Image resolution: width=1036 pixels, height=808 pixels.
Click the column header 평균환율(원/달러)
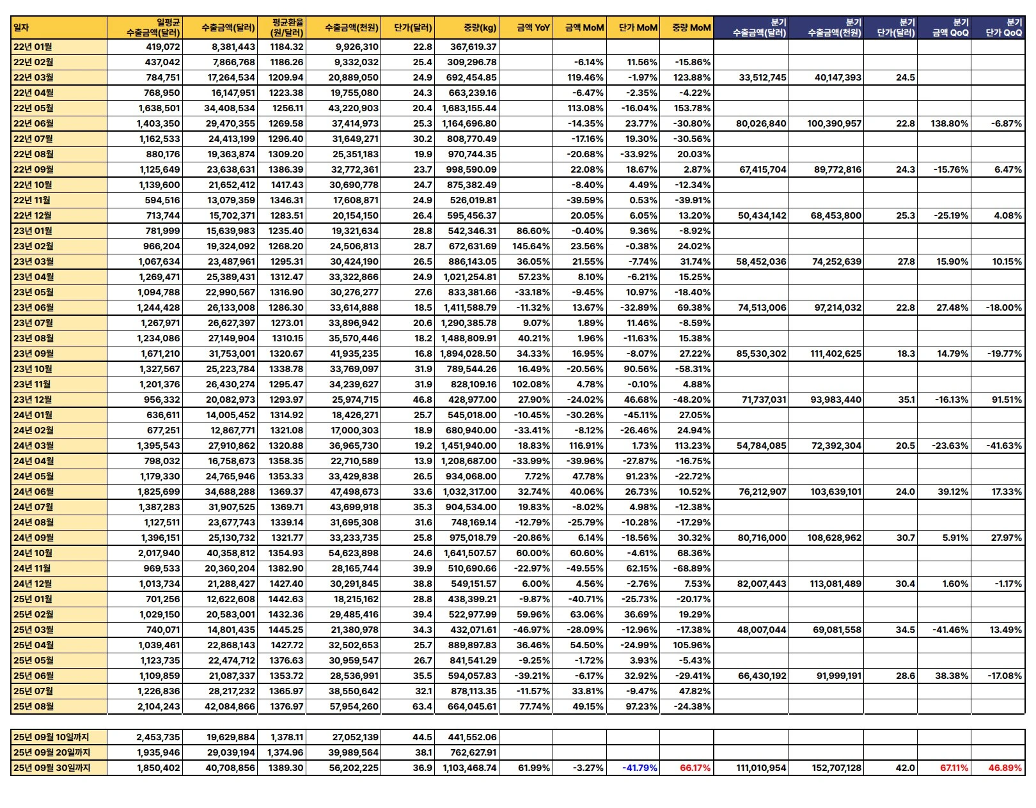(x=286, y=27)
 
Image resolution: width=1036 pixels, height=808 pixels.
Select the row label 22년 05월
(x=33, y=108)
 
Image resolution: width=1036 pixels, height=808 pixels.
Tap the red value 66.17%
(x=695, y=768)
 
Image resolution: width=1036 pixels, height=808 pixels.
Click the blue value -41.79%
(x=640, y=768)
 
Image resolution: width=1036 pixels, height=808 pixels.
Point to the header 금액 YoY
(x=533, y=27)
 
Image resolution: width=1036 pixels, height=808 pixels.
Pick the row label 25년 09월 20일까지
(x=52, y=752)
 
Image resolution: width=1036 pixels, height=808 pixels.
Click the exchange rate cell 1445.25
(x=287, y=630)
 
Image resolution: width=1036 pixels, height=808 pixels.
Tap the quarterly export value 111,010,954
(x=761, y=768)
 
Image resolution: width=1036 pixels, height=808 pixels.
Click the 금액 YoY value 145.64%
(x=531, y=246)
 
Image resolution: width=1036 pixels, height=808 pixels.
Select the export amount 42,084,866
(x=231, y=706)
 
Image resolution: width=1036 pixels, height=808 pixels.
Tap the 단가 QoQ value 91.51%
(x=1007, y=400)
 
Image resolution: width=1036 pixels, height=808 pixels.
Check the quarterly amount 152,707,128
(x=836, y=768)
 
